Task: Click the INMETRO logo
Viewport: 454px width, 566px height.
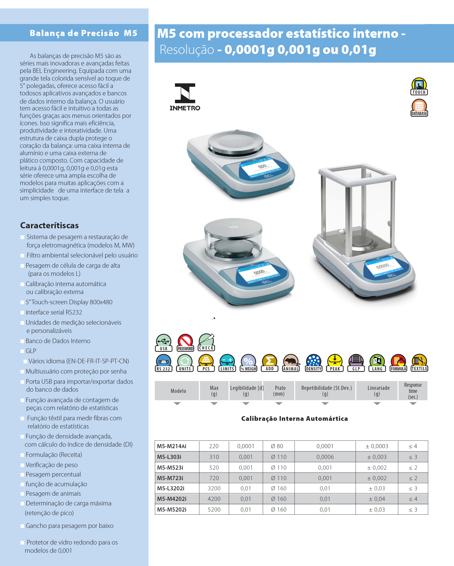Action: (x=185, y=97)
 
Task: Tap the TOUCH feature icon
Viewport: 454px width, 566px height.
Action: (x=419, y=86)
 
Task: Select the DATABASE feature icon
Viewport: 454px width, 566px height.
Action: (x=419, y=108)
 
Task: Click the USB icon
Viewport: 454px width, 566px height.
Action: (x=164, y=343)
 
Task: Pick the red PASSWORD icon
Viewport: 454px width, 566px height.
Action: (x=185, y=343)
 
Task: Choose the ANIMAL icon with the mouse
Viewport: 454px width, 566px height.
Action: (x=291, y=363)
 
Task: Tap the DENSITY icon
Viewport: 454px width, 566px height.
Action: (x=313, y=363)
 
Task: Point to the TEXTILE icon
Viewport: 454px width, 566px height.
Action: (x=419, y=363)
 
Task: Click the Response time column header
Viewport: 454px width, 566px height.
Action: (x=413, y=391)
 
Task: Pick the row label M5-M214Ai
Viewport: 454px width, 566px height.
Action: (x=172, y=446)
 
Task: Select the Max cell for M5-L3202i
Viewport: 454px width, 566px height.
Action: (x=214, y=488)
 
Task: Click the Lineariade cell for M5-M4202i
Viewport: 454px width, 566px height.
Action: (x=377, y=499)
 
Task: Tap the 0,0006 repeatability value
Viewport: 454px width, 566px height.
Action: (x=325, y=457)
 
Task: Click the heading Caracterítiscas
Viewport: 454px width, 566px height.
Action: (x=49, y=225)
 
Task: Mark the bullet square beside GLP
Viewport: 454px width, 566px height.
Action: (x=22, y=351)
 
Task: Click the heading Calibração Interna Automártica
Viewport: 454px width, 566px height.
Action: (x=294, y=418)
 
